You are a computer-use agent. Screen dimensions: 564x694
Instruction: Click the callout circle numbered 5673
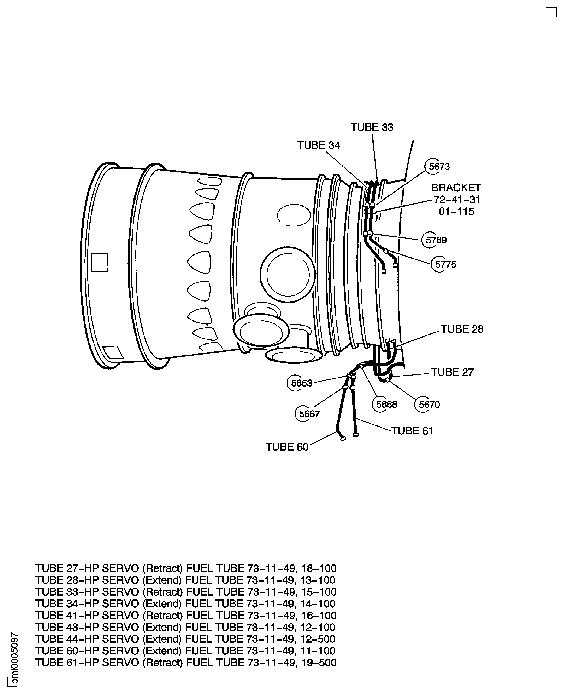(x=435, y=166)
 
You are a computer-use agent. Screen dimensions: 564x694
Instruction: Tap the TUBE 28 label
(x=462, y=329)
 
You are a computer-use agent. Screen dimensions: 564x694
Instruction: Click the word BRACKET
(x=456, y=188)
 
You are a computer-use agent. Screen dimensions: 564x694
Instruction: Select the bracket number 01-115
(x=456, y=211)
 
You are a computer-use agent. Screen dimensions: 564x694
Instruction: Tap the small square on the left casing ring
(x=100, y=262)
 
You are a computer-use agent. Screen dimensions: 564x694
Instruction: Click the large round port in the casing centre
(x=287, y=274)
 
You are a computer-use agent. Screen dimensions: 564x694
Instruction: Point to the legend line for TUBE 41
(x=186, y=615)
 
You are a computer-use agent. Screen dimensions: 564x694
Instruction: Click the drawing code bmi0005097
(x=14, y=659)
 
